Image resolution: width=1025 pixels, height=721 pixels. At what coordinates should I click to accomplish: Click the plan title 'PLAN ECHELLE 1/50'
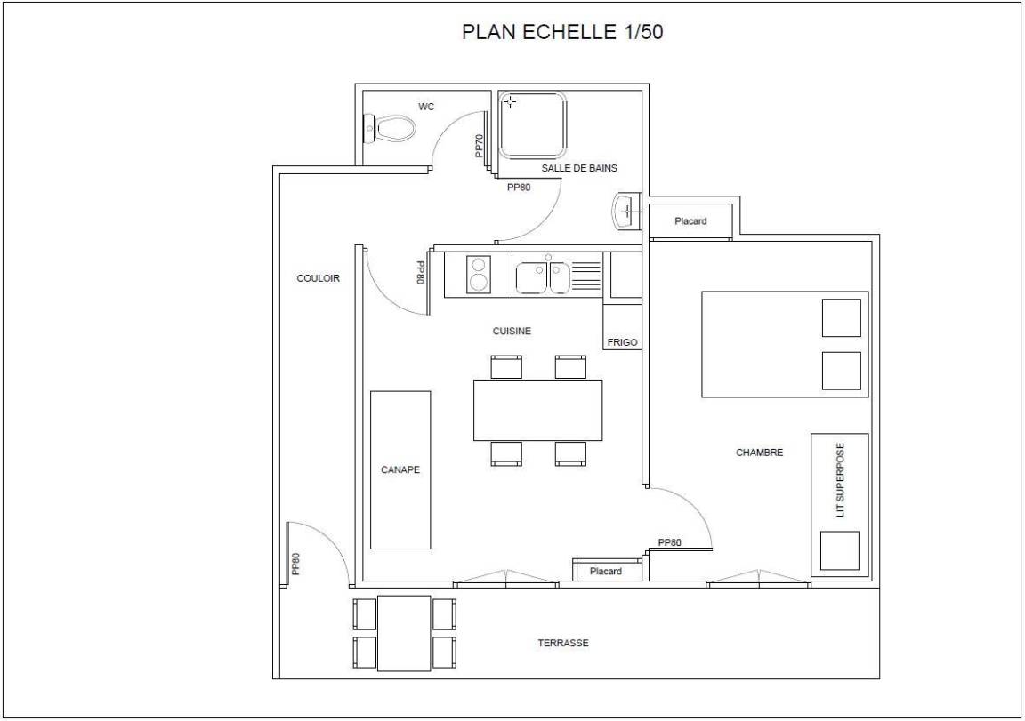coord(562,32)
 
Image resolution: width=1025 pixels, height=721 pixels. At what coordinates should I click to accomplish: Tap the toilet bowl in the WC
coord(390,129)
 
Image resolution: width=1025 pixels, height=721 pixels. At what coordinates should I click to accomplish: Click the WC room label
coord(426,107)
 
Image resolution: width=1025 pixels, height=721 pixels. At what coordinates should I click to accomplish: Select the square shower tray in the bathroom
coord(533,124)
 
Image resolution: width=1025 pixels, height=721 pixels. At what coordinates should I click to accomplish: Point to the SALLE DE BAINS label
coord(579,168)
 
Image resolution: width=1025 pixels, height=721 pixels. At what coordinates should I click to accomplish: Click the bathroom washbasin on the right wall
coord(628,211)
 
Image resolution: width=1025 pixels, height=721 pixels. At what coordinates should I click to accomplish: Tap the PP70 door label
coord(480,146)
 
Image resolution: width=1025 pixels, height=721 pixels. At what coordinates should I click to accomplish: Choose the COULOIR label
coord(319,278)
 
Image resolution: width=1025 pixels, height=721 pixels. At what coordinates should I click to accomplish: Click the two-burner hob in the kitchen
coord(479,275)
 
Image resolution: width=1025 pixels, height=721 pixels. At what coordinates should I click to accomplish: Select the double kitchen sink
coord(542,276)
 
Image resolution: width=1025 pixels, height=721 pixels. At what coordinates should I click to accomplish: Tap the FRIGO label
coord(622,342)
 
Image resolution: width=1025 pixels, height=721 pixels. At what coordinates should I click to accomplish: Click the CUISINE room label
coord(512,331)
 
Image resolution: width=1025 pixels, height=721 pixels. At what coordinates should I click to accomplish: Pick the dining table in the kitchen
coord(538,410)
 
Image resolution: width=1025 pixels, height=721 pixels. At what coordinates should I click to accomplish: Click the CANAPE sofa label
coord(400,469)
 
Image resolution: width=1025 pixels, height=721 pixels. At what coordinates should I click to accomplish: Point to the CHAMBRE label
coord(760,452)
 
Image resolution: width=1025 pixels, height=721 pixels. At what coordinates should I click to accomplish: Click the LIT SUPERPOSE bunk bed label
coord(840,480)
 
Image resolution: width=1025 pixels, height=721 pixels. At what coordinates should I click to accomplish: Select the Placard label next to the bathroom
coord(691,221)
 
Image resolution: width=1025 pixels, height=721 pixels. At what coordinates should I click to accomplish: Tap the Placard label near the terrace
coord(606,572)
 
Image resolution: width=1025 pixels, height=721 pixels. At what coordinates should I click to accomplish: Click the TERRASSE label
coord(563,643)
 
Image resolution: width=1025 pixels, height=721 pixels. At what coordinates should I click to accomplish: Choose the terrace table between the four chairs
coord(404,633)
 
